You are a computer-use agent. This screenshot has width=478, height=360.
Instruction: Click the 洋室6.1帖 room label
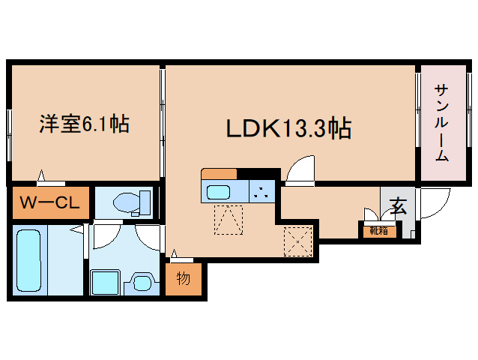point(84,124)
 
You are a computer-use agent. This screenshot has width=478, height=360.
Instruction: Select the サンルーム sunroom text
point(441,123)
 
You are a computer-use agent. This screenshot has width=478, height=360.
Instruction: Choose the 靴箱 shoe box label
point(379,231)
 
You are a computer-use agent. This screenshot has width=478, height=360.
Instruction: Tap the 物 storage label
point(184,278)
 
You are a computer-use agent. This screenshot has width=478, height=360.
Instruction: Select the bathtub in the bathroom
point(28,262)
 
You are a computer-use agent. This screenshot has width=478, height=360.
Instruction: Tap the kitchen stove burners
point(261,190)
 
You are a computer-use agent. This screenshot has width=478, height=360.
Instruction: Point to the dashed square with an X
point(297,241)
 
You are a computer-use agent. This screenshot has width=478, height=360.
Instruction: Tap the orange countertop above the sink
point(219,174)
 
